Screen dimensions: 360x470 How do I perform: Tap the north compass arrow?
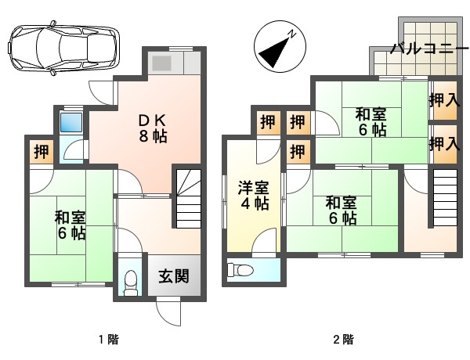click(x=276, y=49)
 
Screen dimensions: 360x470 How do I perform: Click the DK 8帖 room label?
click(x=154, y=127)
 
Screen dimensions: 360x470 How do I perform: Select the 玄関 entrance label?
click(x=173, y=275)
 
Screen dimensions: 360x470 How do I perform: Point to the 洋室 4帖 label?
click(x=254, y=195)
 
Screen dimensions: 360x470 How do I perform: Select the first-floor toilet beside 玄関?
click(x=131, y=281)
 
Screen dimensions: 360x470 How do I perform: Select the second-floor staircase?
click(x=444, y=200)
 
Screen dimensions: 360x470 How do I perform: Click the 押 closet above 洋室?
click(x=268, y=122)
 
